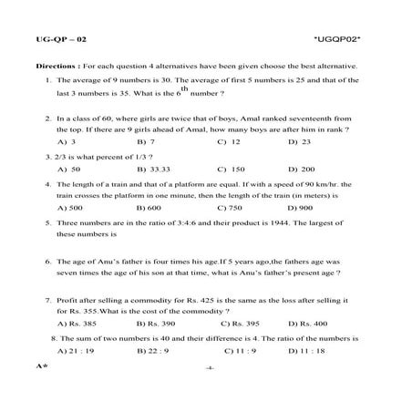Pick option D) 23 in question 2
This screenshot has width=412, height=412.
(300, 142)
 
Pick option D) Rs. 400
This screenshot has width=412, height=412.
(309, 324)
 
